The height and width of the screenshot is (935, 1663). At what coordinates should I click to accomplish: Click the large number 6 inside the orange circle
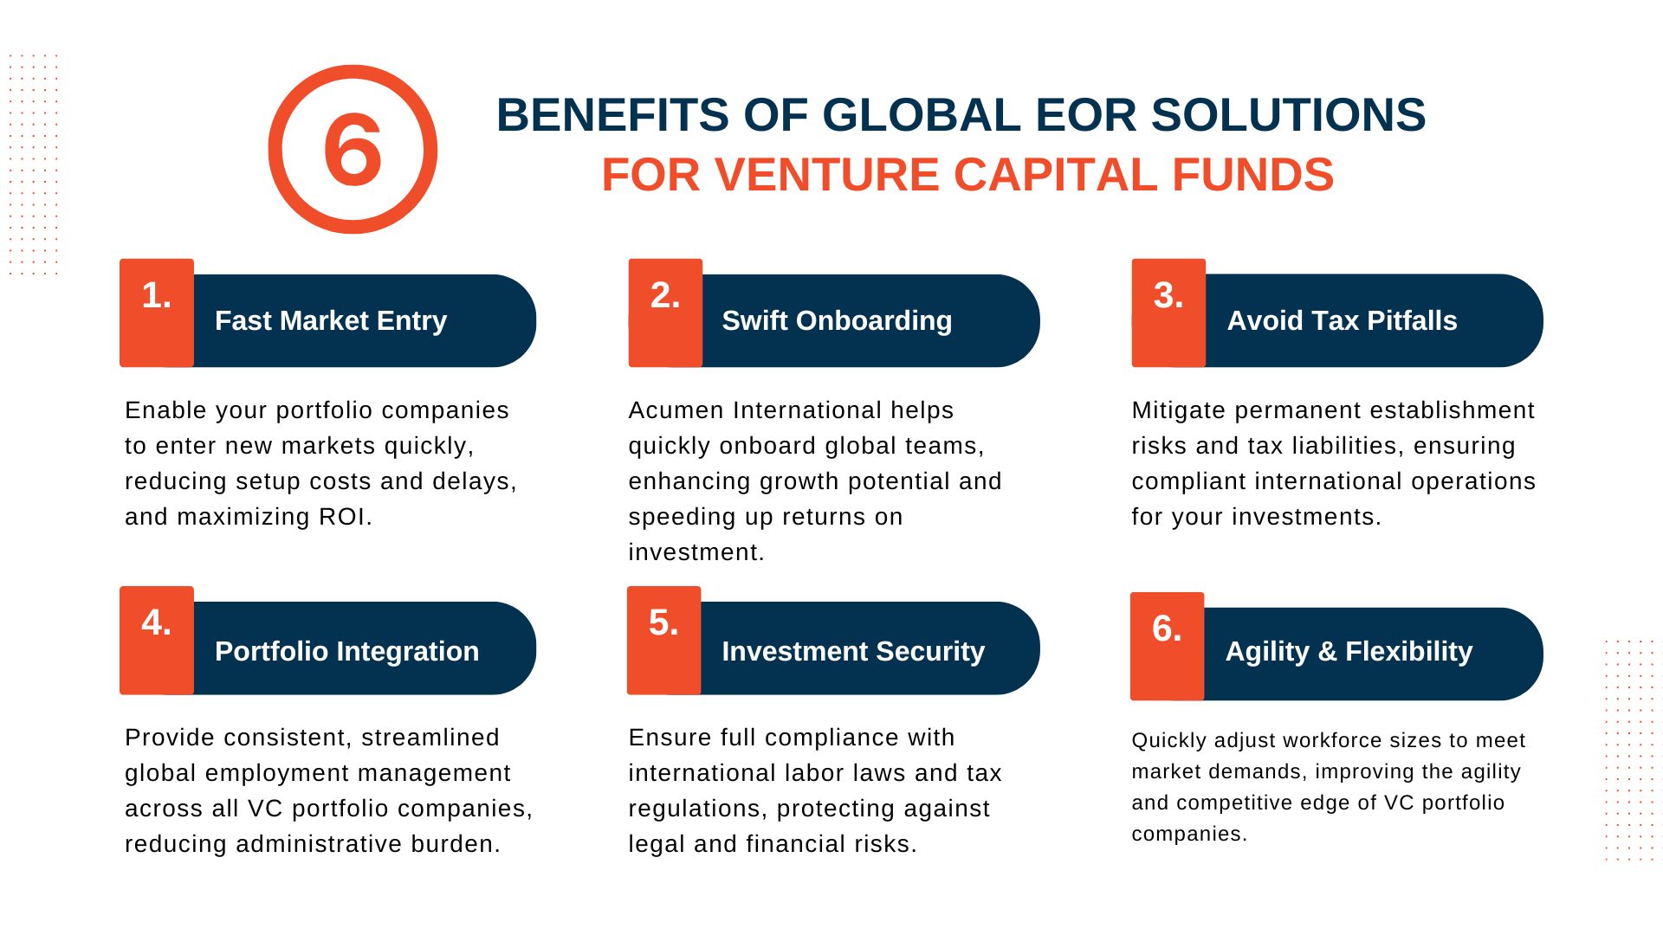(353, 149)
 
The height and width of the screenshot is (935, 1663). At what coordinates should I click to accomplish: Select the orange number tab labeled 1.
(157, 313)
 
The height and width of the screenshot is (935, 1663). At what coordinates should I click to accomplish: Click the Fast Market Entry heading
(331, 320)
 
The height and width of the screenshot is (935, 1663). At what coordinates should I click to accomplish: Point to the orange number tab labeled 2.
(665, 313)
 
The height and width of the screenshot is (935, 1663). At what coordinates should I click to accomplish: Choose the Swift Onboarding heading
(837, 320)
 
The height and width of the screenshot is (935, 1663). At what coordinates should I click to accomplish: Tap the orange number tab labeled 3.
(1168, 313)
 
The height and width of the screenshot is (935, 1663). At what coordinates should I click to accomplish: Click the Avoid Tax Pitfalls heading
(1342, 320)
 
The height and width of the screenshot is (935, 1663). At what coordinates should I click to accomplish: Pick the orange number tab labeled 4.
(157, 640)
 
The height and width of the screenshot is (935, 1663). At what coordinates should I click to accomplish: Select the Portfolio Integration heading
(346, 651)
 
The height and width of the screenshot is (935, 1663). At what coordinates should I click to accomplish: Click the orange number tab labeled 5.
(663, 640)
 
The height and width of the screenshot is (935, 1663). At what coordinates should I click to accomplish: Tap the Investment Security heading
(853, 651)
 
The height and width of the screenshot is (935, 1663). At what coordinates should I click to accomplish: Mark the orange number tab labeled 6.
(1167, 646)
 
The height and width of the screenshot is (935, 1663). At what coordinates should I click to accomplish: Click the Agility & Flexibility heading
(1349, 651)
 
